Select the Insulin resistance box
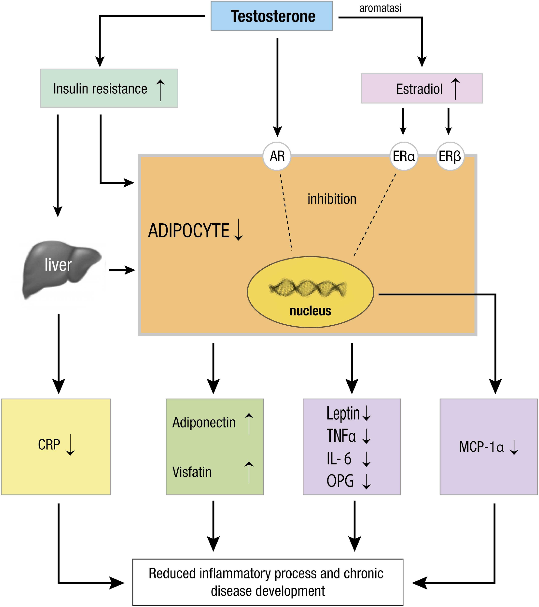click(109, 88)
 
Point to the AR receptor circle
click(277, 156)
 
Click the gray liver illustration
click(61, 269)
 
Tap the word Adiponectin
click(204, 422)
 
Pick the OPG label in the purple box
click(340, 481)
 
